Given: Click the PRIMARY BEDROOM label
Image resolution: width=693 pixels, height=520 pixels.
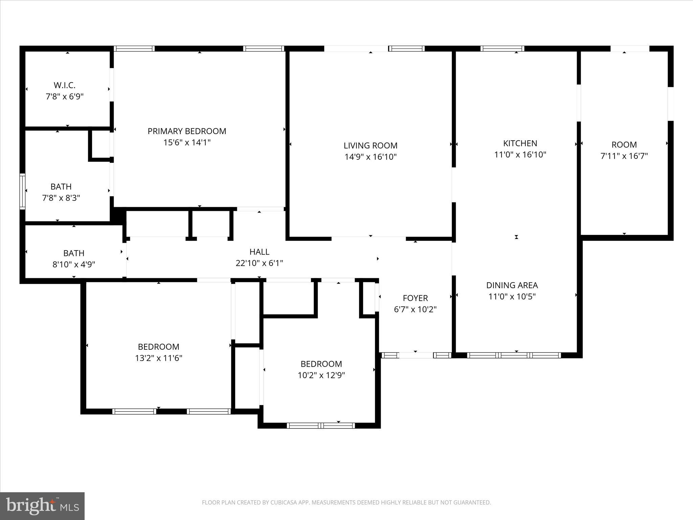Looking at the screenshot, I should (187, 131).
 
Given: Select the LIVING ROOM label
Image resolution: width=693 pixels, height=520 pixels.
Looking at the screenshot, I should (371, 146).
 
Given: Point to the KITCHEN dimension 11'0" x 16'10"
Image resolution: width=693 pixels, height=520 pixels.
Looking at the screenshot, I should (520, 155).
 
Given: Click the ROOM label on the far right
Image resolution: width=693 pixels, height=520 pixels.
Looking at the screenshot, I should (624, 145).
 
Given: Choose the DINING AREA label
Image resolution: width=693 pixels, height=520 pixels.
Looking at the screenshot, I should (512, 285).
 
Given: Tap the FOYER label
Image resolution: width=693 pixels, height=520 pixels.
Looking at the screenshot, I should (415, 298).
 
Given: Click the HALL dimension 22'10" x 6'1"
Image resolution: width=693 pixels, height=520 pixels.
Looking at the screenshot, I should (259, 263).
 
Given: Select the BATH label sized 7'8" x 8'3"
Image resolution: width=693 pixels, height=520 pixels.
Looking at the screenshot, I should (61, 187).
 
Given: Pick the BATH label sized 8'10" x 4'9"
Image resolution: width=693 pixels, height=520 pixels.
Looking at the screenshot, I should (74, 253).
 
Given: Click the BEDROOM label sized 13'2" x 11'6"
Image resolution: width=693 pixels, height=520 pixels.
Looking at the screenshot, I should (158, 347).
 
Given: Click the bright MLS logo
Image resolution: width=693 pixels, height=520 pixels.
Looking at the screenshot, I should (42, 506).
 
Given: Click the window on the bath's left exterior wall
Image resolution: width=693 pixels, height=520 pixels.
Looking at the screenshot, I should (22, 191).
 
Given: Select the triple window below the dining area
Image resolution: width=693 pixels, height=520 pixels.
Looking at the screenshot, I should (514, 355).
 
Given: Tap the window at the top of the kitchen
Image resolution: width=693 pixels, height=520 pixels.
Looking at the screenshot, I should (502, 49).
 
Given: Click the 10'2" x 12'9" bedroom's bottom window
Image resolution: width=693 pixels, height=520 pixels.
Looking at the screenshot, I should (321, 426).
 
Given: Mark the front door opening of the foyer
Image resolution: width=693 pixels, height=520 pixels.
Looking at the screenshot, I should (416, 355).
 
